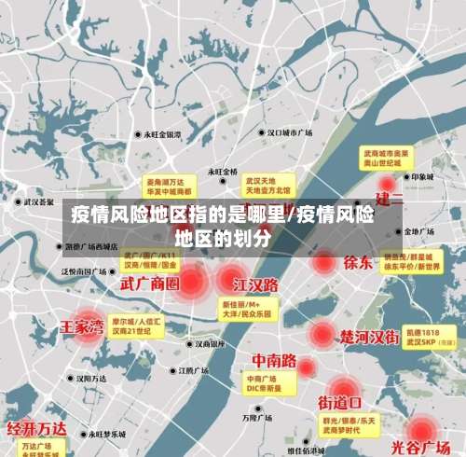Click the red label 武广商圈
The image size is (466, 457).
pos(149,282)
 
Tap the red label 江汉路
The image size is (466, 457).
pos(256,284)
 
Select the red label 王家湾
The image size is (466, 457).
pos(81,326)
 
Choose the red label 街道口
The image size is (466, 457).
pos(340,403)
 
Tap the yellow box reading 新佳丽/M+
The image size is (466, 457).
pos(246,310)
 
